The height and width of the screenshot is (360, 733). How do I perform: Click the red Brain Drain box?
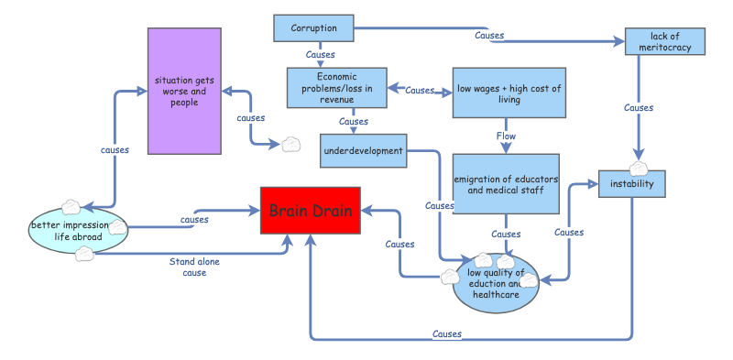pyautogui.click(x=311, y=210)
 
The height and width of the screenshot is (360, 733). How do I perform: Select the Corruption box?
pyautogui.click(x=313, y=28)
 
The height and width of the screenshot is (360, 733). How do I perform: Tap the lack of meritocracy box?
pyautogui.click(x=665, y=40)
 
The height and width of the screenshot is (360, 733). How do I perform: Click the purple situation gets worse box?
pyautogui.click(x=184, y=91)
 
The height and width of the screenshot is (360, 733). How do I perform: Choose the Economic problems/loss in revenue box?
pyautogui.click(x=337, y=88)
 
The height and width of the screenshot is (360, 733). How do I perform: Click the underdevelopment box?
pyautogui.click(x=364, y=150)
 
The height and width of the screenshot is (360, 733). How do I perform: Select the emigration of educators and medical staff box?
pyautogui.click(x=507, y=184)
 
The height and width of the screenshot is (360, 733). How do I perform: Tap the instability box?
pyautogui.click(x=631, y=184)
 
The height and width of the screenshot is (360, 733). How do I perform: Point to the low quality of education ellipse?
pyautogui.click(x=497, y=283)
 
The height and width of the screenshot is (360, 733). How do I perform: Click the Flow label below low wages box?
pyautogui.click(x=507, y=136)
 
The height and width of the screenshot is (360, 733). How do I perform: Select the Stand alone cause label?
pyautogui.click(x=194, y=267)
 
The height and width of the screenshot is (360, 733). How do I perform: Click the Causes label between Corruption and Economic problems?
pyautogui.click(x=320, y=55)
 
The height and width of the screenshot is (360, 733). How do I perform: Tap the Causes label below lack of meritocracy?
pyautogui.click(x=639, y=108)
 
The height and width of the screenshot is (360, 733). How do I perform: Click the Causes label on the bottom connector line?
pyautogui.click(x=446, y=334)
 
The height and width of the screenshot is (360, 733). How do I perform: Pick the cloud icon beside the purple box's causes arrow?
pyautogui.click(x=290, y=144)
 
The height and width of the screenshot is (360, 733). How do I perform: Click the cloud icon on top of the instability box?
pyautogui.click(x=640, y=169)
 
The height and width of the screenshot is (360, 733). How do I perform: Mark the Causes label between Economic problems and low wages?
pyautogui.click(x=419, y=91)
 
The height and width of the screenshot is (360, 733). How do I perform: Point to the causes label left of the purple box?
pyautogui.click(x=114, y=149)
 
